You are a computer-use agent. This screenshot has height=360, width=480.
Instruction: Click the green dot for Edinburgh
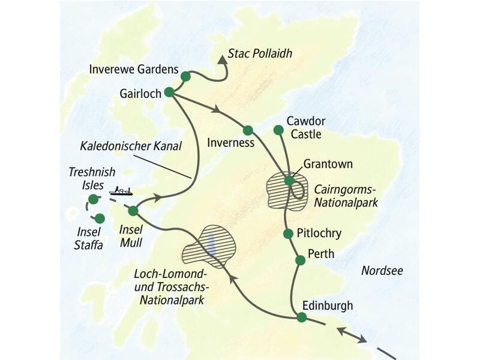301,317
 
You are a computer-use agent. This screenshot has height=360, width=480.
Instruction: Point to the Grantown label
328,163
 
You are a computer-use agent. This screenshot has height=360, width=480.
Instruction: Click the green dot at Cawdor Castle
278,130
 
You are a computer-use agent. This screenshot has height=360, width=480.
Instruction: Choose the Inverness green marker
248,130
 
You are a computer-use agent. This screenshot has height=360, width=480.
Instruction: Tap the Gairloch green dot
169,92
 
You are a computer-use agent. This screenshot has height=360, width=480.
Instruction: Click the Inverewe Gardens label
133,69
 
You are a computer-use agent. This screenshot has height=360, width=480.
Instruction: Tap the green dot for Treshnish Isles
92,199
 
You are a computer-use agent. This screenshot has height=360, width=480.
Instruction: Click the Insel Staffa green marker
100,219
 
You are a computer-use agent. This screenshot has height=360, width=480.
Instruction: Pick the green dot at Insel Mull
133,211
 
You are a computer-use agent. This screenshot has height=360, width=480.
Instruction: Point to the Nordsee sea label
382,271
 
